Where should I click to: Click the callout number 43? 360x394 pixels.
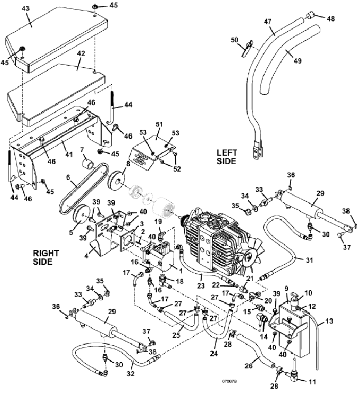coord(25,8)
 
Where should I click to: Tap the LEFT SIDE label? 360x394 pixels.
coord(227,157)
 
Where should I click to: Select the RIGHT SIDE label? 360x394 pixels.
coord(46,257)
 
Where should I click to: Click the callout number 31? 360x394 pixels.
coord(309,260)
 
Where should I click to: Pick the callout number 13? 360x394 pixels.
coord(329,321)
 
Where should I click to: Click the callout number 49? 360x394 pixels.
coord(298,61)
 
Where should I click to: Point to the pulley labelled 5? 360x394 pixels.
coord(82,217)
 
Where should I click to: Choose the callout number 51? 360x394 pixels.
coord(159,124)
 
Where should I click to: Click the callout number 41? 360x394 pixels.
coord(69,154)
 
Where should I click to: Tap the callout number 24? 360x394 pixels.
coord(214,353)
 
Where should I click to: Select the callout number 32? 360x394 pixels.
coord(130,374)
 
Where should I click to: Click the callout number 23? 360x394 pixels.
coord(201,285)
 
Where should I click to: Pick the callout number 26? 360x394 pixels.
coord(249,365)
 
